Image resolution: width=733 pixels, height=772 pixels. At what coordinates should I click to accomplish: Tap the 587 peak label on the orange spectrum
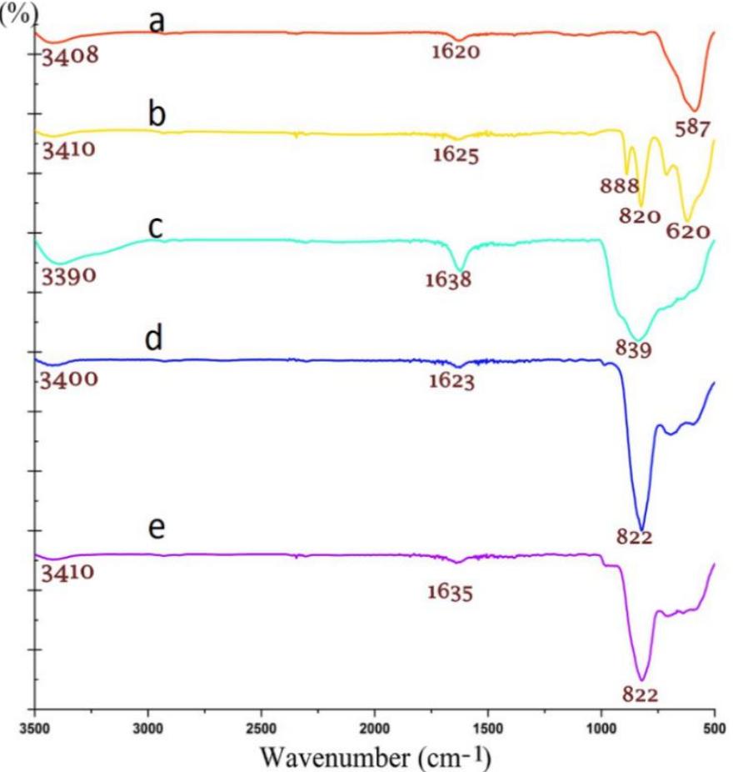pyautogui.click(x=692, y=129)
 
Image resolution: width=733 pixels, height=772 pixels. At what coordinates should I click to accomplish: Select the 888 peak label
pyautogui.click(x=619, y=185)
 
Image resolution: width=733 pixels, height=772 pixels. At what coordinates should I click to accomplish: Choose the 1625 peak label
pyautogui.click(x=455, y=154)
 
